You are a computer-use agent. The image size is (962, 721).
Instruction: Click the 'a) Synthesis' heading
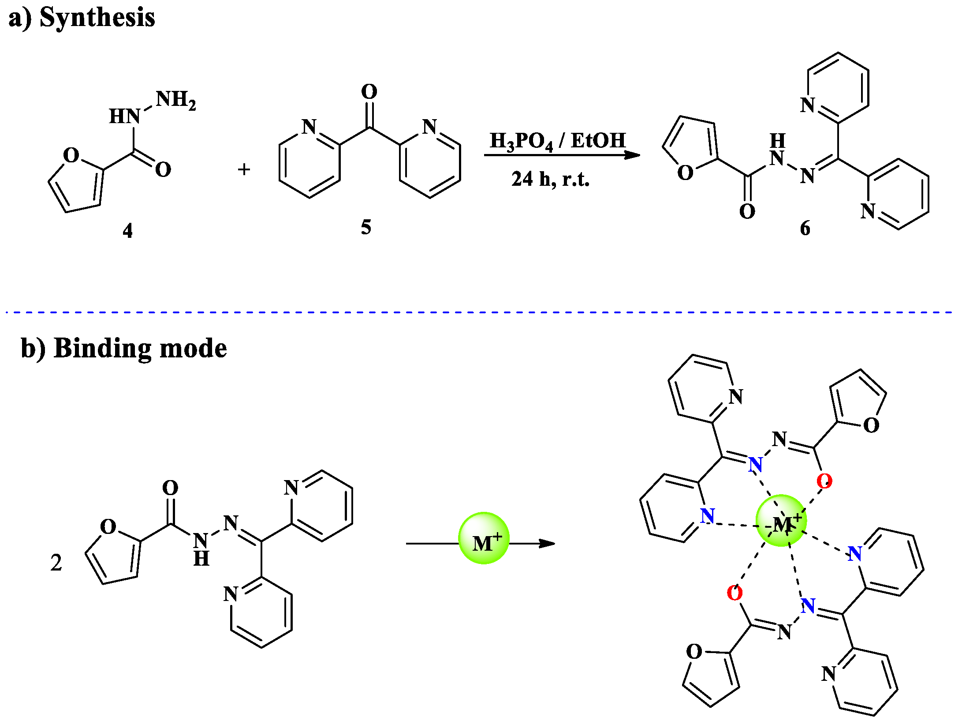click(82, 18)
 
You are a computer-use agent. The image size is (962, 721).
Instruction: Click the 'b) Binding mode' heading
click(124, 348)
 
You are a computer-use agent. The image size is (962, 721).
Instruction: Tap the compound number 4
click(127, 230)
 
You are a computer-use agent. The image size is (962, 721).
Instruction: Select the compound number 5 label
click(366, 227)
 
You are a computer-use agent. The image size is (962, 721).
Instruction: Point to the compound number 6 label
click(805, 228)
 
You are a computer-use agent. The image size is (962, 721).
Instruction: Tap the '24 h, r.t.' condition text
click(550, 179)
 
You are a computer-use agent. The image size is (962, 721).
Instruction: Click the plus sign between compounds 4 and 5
click(244, 169)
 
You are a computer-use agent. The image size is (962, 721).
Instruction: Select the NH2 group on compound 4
click(175, 100)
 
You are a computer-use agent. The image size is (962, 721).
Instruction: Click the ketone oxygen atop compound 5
click(369, 92)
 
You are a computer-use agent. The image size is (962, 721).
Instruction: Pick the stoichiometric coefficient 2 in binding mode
click(56, 563)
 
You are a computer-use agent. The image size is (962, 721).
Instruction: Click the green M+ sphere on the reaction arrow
click(484, 538)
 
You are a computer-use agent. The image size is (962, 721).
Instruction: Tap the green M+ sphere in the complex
click(781, 521)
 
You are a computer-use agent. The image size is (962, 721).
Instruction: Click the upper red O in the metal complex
click(824, 481)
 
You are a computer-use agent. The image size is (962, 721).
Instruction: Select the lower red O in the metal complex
click(735, 593)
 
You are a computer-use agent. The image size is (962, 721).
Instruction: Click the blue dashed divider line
click(481, 312)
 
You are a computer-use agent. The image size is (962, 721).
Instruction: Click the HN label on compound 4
click(124, 116)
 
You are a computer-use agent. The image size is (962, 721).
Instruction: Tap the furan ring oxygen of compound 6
click(685, 173)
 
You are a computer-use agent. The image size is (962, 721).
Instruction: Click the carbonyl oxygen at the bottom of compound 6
click(747, 211)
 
